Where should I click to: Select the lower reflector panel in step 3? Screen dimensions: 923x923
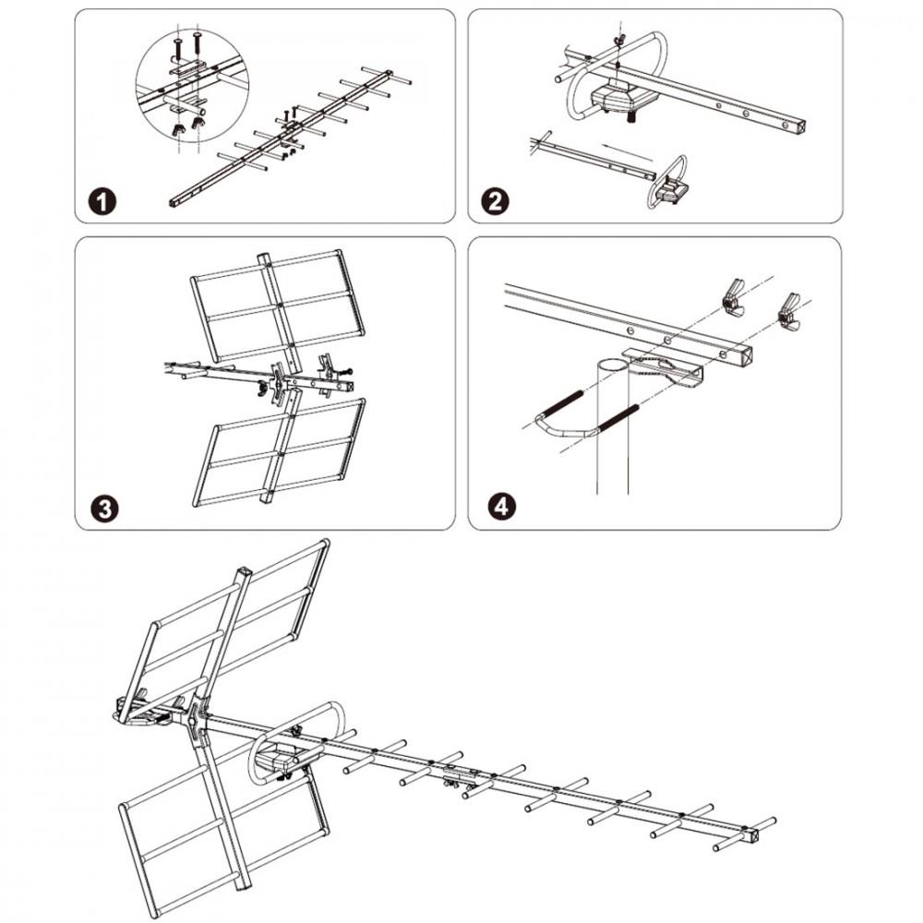coord(277,452)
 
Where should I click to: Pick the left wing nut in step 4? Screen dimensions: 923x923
coord(733,297)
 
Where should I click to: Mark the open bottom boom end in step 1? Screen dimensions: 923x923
coord(175,200)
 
